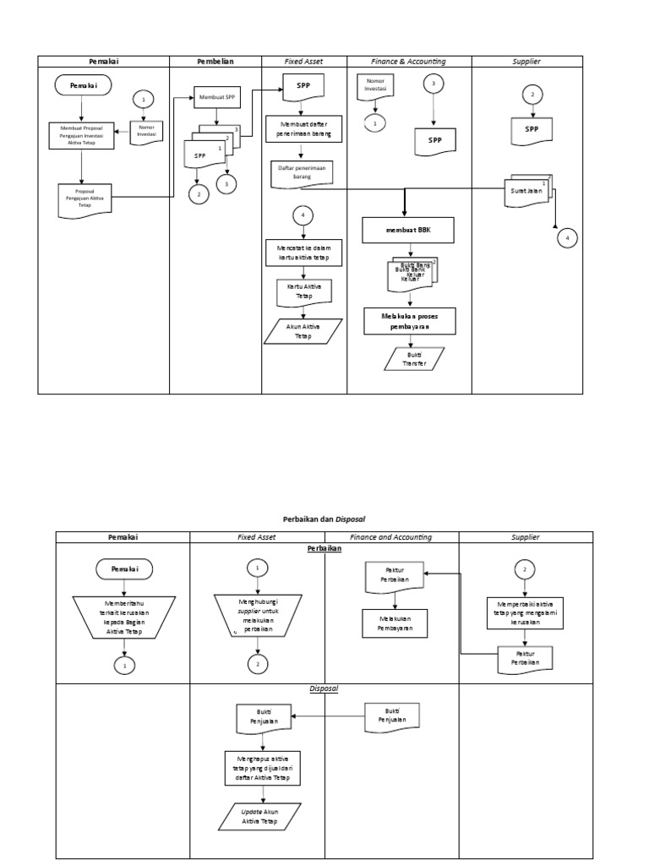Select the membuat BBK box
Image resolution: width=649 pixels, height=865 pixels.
pyautogui.click(x=409, y=230)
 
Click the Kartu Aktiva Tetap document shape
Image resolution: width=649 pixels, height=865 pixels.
pyautogui.click(x=303, y=291)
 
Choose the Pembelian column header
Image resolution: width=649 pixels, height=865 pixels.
pyautogui.click(x=215, y=62)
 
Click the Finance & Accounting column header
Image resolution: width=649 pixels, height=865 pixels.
pyautogui.click(x=409, y=62)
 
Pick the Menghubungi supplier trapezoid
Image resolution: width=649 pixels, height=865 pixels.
pyautogui.click(x=257, y=613)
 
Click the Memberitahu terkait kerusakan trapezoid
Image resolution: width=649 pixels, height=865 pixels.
pyautogui.click(x=123, y=615)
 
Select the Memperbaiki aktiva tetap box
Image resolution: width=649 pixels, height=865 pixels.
pyautogui.click(x=525, y=612)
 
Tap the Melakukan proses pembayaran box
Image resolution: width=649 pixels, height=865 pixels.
pyautogui.click(x=410, y=319)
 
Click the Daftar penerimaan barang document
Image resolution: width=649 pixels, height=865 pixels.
pyautogui.click(x=303, y=173)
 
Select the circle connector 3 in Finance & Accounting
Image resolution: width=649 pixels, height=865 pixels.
pyautogui.click(x=434, y=84)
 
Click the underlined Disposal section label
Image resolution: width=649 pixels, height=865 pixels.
pyautogui.click(x=324, y=688)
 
